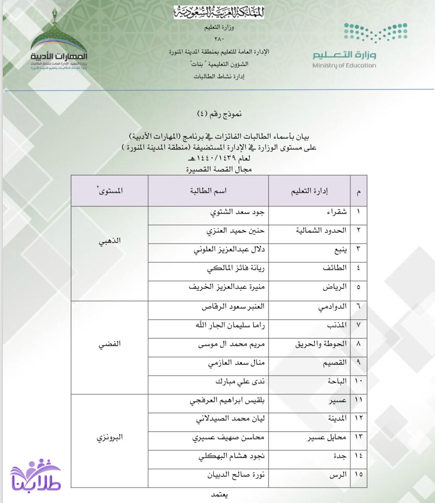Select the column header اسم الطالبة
pyautogui.click(x=208, y=191)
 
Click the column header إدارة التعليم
pyautogui.click(x=309, y=191)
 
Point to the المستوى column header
pyautogui.click(x=109, y=191)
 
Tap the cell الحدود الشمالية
pyautogui.click(x=321, y=230)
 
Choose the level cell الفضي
pyautogui.click(x=109, y=344)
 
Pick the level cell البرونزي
pyautogui.click(x=109, y=437)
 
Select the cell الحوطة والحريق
pyautogui.click(x=321, y=344)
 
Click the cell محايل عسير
pyautogui.click(x=327, y=437)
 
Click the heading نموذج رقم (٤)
pyautogui.click(x=220, y=114)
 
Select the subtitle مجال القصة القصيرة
pyautogui.click(x=219, y=169)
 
